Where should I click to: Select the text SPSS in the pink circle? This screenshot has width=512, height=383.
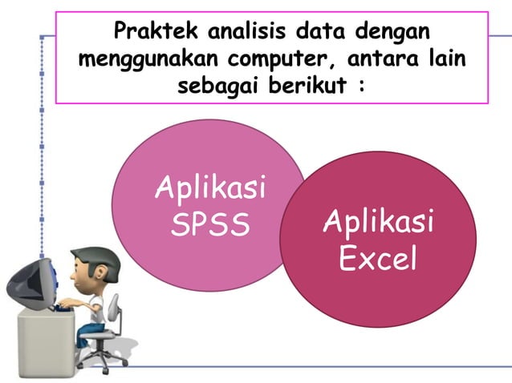click(x=210, y=225)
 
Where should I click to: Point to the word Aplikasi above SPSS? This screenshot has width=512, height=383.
click(x=210, y=190)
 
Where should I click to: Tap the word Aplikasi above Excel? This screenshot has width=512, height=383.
click(x=378, y=221)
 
